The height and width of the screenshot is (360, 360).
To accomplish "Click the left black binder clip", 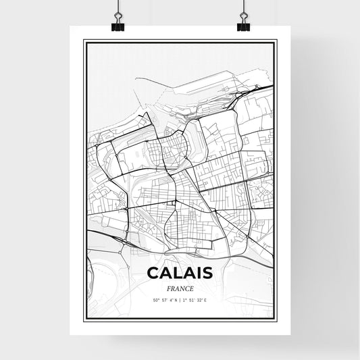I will [x=118, y=26].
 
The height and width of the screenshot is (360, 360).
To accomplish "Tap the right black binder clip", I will [x=243, y=26].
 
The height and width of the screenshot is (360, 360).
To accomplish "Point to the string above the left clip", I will [x=118, y=7].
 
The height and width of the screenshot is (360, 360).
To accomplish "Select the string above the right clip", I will [x=243, y=7].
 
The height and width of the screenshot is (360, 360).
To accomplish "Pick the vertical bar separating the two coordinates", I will [x=179, y=301].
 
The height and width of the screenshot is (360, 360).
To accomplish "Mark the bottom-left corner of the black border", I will [x=84, y=317].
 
